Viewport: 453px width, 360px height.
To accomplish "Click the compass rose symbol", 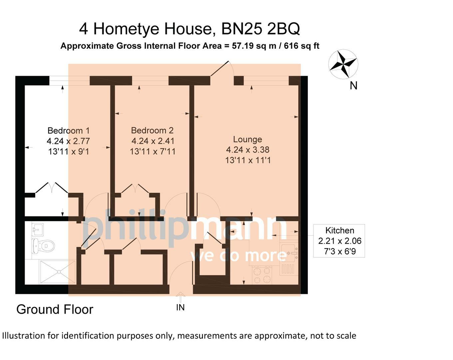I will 343,64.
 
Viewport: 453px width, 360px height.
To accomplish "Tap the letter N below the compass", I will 353,86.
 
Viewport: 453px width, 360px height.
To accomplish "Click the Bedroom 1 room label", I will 68,130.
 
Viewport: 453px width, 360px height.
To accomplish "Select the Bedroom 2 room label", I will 152,130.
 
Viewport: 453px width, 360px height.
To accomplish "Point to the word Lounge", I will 247,139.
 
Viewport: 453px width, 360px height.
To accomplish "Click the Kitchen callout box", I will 339,241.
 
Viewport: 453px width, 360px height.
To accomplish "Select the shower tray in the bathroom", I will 57,272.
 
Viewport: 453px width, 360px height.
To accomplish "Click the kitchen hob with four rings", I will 262,275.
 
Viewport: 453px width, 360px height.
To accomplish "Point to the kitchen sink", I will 289,253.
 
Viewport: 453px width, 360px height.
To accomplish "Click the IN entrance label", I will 180,308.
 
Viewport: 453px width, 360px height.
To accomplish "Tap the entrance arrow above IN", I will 180,297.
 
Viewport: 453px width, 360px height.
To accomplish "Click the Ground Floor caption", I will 55,310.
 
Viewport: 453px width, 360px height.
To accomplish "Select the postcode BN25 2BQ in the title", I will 260,29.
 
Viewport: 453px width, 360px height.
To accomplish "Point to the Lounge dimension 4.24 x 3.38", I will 247,150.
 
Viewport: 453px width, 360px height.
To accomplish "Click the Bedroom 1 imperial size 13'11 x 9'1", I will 68,152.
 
